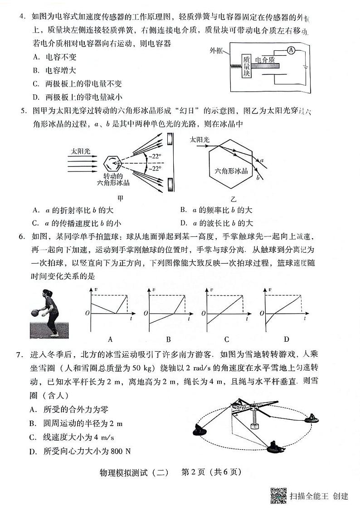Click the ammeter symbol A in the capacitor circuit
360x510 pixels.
292,51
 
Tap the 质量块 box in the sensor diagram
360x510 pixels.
246,67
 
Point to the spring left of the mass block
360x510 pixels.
236,67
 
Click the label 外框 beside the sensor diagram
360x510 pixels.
217,51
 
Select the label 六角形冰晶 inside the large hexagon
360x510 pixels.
231,171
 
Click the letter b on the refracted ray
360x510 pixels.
258,177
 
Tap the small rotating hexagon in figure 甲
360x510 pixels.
112,163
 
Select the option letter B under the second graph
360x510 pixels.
168,339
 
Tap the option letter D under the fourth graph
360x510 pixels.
286,339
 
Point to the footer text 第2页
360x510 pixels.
194,472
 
